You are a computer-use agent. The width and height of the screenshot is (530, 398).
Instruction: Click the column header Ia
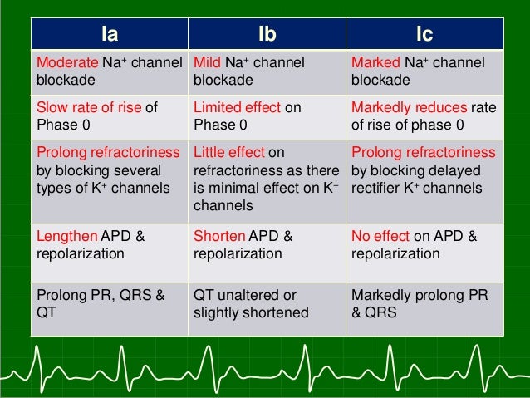[109, 35]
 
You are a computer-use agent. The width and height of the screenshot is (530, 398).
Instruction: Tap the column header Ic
[424, 35]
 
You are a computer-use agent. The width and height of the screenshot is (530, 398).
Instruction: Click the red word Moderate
[64, 63]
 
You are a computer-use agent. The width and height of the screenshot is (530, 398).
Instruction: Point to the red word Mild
[208, 63]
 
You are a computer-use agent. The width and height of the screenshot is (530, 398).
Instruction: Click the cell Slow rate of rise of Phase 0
[109, 116]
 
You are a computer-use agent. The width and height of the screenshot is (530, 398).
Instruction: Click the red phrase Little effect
[228, 153]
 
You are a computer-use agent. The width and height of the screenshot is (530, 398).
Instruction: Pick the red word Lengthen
[66, 237]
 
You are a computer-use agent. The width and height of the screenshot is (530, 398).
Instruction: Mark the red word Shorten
[218, 237]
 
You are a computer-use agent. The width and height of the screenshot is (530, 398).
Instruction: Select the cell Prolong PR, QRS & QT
[109, 304]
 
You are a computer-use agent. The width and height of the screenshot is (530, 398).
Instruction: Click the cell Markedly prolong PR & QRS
[424, 304]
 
